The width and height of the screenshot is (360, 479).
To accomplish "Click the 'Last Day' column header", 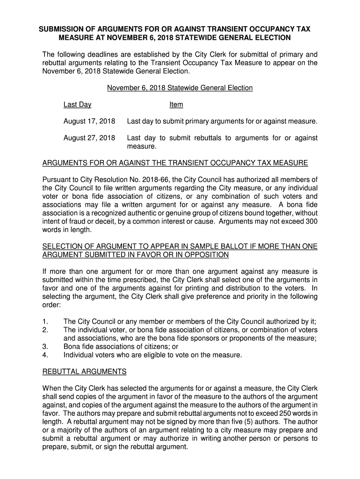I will [x=77, y=105].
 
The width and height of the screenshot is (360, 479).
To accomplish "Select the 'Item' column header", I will [x=176, y=105].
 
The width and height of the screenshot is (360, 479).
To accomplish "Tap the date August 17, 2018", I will [x=89, y=122].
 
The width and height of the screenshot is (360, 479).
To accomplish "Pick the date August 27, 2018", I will [x=89, y=138].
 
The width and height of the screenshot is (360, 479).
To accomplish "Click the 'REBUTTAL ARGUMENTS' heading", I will [x=84, y=371].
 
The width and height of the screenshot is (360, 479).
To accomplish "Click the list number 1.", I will [x=45, y=321].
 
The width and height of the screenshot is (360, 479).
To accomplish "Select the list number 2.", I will [x=45, y=330].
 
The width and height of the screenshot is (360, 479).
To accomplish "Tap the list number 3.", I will [x=45, y=347].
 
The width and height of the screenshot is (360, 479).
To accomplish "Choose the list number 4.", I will [x=45, y=355].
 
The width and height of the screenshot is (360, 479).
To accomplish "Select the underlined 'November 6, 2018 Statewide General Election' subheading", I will [x=180, y=88].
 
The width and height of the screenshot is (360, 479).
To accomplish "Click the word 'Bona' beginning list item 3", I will [x=72, y=347].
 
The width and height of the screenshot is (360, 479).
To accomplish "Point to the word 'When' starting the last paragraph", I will [x=51, y=388].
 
